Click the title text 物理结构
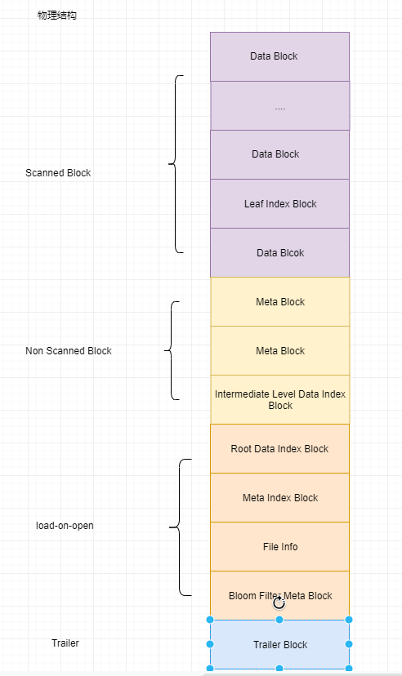[x=57, y=16]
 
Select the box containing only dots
[x=279, y=105]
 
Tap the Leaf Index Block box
[x=279, y=203]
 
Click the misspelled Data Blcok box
[x=279, y=252]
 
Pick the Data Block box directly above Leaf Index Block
[x=279, y=154]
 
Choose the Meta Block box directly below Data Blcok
[x=279, y=302]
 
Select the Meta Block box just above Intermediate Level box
[x=279, y=351]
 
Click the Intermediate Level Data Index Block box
[x=279, y=399]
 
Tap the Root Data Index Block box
[x=279, y=448]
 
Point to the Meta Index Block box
[x=279, y=497]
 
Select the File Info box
[x=279, y=546]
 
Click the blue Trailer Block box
[x=279, y=644]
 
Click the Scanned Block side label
[x=58, y=173]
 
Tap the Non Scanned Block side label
[x=69, y=351]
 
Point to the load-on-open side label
[x=65, y=526]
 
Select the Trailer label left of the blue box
[x=65, y=643]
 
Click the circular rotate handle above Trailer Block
[x=279, y=603]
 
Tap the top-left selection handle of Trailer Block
[x=210, y=620]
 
